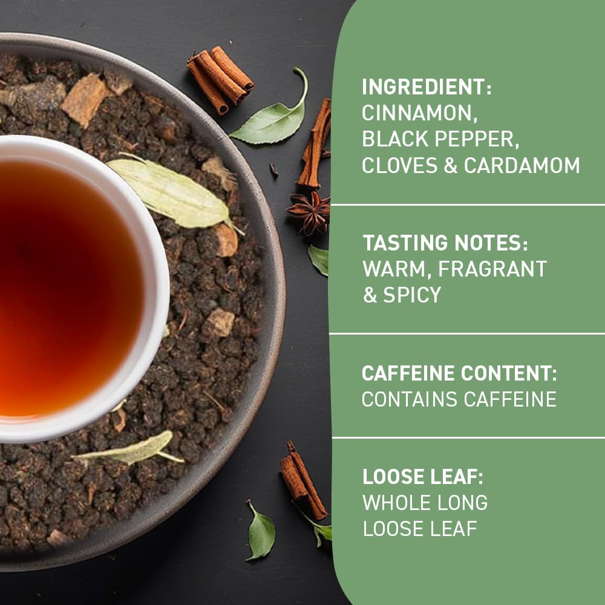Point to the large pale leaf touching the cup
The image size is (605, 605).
pos(173,194)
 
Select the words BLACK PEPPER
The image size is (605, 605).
pos(440,139)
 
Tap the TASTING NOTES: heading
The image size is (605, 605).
pos(445,243)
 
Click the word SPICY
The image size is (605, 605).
pos(411,295)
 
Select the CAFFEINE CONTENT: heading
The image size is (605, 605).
pos(459,373)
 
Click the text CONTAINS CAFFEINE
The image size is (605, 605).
pos(459,399)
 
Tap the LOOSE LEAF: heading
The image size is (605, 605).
pos(423,477)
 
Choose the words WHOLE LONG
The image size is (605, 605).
pos(424,503)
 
